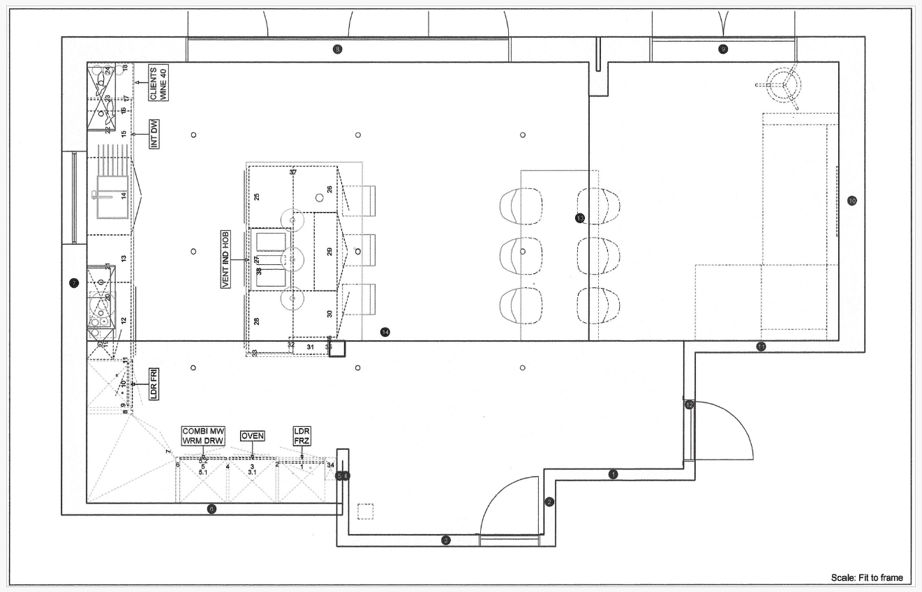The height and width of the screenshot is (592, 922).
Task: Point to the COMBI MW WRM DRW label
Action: tap(202, 436)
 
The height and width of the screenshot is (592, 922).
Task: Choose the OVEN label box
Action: tap(252, 436)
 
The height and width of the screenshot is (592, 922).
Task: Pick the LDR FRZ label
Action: tap(302, 437)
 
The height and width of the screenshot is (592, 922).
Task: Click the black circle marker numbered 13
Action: tap(580, 218)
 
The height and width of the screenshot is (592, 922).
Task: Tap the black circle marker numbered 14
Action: tap(385, 332)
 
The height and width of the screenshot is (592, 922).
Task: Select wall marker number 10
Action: tap(852, 201)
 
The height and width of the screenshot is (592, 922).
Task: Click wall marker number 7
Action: tap(74, 283)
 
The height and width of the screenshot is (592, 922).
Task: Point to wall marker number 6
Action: tap(212, 509)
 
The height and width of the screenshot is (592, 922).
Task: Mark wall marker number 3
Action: tap(446, 540)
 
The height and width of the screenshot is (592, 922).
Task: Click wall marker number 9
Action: tap(723, 49)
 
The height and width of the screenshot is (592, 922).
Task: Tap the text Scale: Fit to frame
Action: tap(866, 577)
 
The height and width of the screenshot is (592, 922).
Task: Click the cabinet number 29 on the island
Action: tap(329, 250)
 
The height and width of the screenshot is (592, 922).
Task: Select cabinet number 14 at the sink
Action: tap(124, 196)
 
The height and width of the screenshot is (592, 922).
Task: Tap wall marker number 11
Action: tap(761, 346)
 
